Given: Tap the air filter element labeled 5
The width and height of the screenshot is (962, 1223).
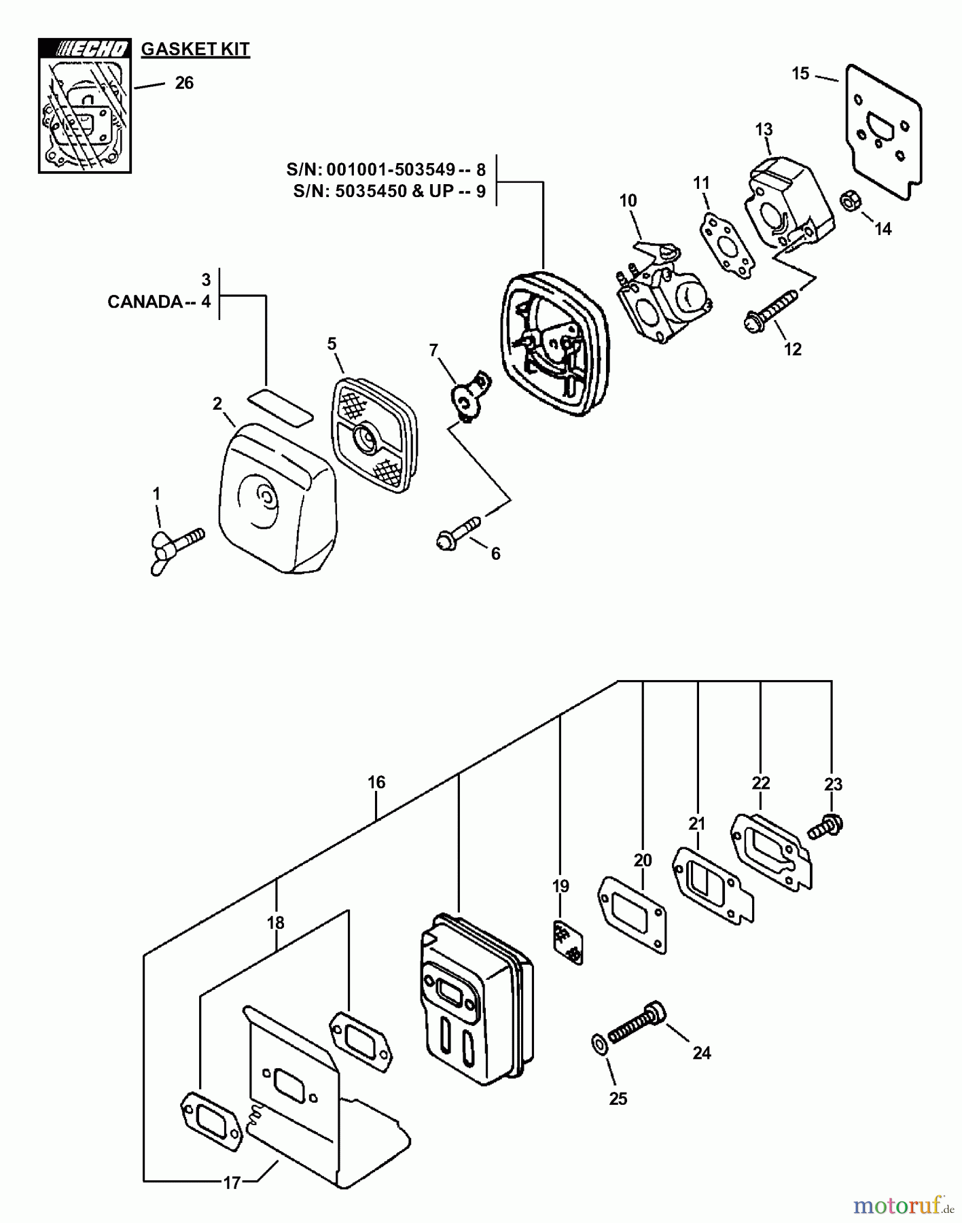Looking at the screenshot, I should point(374,435).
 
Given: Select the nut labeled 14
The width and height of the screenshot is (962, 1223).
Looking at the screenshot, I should point(849,202).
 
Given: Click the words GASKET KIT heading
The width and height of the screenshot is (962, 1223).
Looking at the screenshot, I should point(195,49).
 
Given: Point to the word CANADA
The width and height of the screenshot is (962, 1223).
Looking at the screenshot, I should point(144,302).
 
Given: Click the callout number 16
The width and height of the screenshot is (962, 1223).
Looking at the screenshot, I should point(376,782).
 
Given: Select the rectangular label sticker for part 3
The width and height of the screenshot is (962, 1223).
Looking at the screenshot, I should point(280,404).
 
